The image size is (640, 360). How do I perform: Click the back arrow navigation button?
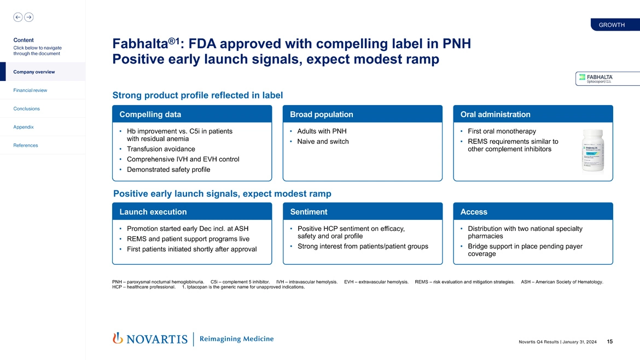[x=18, y=17]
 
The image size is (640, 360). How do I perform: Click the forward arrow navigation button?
[x=29, y=17]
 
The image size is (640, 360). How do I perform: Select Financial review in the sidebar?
[x=31, y=90]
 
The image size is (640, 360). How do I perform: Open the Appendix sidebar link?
[x=24, y=127]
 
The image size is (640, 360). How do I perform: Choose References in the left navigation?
[x=26, y=146]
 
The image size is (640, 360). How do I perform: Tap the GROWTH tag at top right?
[x=612, y=25]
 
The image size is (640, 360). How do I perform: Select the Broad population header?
[x=362, y=114]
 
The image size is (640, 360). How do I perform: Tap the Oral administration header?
[x=533, y=114]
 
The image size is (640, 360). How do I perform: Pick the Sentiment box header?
[x=362, y=212]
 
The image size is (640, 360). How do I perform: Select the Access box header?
[x=533, y=212]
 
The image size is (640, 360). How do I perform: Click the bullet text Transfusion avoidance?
[x=161, y=149]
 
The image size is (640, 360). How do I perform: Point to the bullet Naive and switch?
[x=323, y=142]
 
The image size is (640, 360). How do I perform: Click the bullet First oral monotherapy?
[x=502, y=131]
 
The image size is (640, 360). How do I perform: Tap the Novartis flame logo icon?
[x=118, y=339]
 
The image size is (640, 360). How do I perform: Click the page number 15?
[x=609, y=342]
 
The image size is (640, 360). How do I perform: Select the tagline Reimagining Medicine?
[x=236, y=339]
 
